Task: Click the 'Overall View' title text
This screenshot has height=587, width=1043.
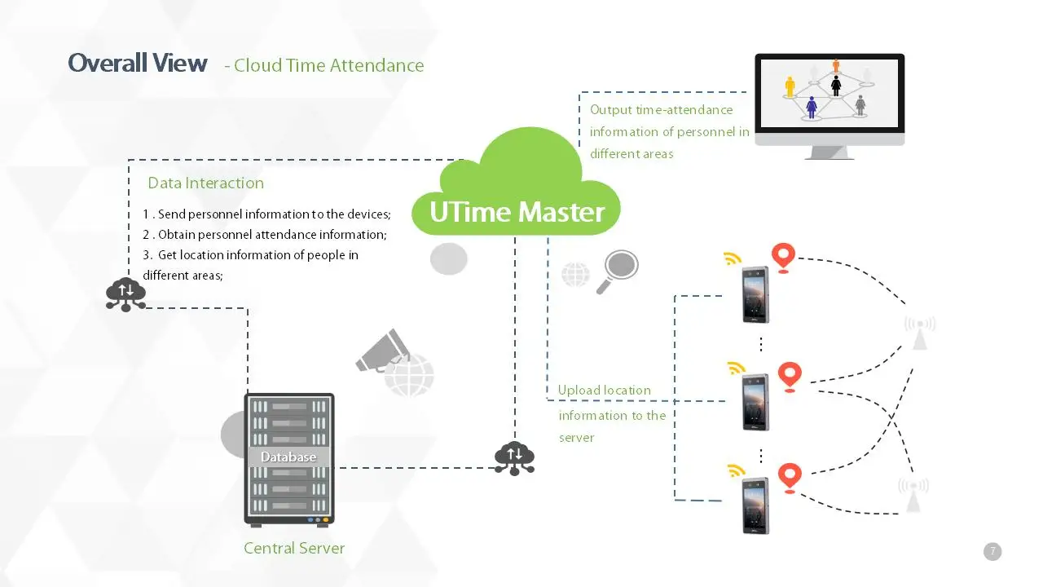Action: pos(137,64)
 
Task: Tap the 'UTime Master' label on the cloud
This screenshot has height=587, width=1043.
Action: pos(517,212)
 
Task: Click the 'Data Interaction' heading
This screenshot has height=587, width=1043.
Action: pos(205,183)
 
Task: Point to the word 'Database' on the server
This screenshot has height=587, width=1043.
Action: pos(288,457)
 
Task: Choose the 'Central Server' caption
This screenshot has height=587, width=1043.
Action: pos(294,548)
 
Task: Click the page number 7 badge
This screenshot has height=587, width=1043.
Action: pos(992,551)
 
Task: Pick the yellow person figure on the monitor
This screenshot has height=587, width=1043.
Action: pos(790,86)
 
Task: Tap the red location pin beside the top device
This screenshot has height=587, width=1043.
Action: pos(783,257)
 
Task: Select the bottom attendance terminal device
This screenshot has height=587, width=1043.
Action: pos(755,505)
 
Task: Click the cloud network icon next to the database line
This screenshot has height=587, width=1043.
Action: pos(514,458)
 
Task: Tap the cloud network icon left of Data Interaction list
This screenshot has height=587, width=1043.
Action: pos(125,294)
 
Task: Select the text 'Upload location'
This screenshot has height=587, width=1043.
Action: pos(604,391)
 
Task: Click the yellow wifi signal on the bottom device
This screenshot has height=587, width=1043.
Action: pos(736,470)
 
